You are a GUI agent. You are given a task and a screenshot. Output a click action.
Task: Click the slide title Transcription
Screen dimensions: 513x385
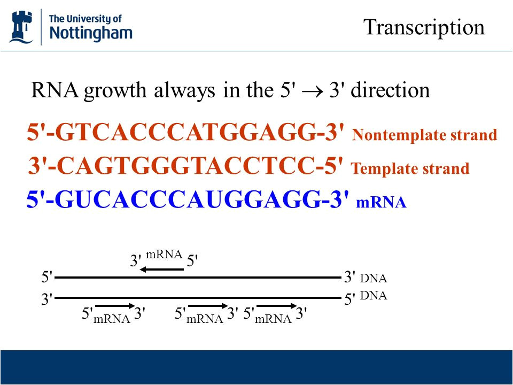coord(424,27)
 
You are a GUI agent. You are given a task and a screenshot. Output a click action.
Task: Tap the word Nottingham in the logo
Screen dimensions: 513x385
coord(91,33)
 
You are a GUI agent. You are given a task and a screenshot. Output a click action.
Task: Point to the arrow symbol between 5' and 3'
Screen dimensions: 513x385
coord(313,91)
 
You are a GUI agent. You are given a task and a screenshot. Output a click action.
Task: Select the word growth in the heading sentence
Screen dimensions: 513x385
coord(115,91)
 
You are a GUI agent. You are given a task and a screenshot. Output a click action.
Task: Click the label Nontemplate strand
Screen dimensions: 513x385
coord(424,135)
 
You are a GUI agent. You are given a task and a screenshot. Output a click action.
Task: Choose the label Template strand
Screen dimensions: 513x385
coord(410,168)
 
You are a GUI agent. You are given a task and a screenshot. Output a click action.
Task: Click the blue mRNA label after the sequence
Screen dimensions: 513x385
coord(381,202)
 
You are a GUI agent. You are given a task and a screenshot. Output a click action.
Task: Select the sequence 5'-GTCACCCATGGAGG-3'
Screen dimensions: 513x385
coord(185,133)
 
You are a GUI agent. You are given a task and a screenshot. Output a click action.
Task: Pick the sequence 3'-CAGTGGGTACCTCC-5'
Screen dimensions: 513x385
coord(185,166)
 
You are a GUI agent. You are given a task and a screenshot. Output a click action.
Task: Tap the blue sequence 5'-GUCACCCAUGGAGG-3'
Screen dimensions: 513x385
coord(188,199)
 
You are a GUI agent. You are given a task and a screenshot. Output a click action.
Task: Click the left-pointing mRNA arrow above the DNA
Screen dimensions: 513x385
coord(161,269)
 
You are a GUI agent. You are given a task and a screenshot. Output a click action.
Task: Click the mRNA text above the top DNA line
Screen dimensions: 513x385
coord(164,255)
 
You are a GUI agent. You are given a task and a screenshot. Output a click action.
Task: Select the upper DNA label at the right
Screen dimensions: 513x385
coord(374,278)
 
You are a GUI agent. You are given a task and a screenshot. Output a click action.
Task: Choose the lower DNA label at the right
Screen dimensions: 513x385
coord(374,295)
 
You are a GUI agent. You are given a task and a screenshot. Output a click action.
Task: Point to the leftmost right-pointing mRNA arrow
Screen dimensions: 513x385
coord(115,306)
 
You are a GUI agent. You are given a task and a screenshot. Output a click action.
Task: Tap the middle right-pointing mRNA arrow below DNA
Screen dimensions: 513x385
coord(208,306)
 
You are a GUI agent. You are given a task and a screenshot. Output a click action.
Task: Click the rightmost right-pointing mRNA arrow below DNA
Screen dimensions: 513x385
coord(276,306)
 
